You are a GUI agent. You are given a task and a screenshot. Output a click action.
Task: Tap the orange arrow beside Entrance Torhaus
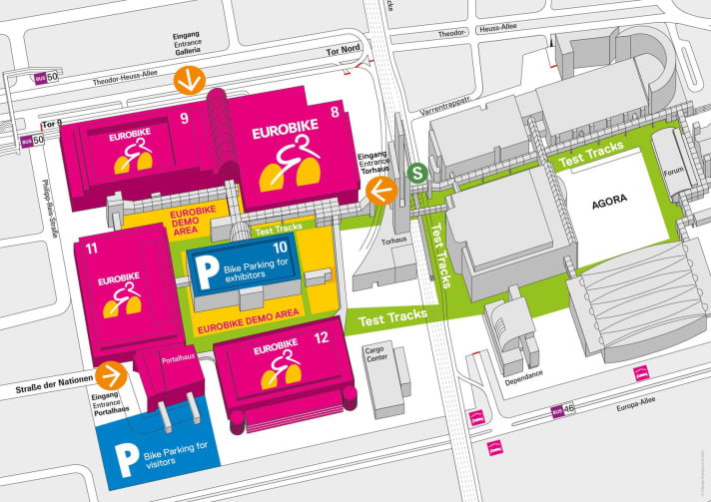coord(379,190)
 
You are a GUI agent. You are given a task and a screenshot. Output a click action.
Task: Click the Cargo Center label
coord(375,357)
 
